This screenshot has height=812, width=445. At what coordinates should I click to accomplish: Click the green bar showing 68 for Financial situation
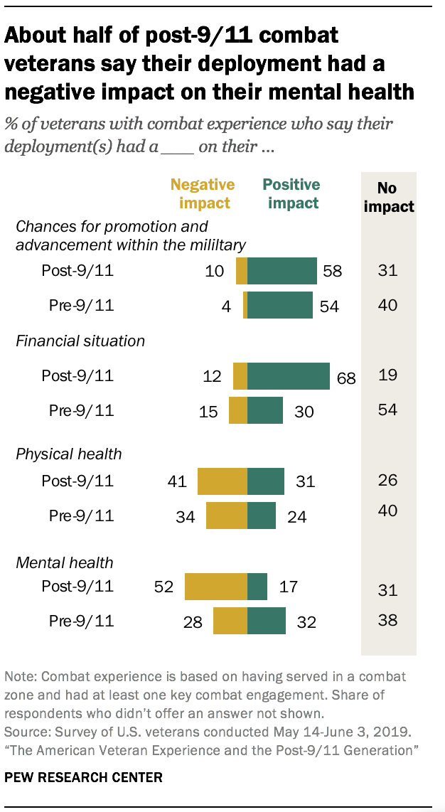[288, 376]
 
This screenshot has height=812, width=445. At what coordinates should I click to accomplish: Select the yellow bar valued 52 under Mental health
[215, 587]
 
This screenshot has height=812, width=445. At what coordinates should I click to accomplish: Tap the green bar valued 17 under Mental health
[257, 587]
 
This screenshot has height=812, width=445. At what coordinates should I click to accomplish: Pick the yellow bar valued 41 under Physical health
[222, 481]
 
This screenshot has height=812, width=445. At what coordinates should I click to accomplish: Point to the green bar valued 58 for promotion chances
[282, 271]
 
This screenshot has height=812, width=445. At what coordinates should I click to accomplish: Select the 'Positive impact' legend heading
[291, 193]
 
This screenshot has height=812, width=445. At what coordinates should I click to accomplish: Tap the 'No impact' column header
[387, 198]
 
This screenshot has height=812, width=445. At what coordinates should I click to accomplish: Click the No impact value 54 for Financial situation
[387, 410]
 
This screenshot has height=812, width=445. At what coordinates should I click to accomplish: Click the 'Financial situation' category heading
[80, 341]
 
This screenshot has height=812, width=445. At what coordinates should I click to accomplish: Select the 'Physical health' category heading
[69, 454]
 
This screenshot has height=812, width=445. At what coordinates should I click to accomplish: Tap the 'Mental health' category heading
[65, 562]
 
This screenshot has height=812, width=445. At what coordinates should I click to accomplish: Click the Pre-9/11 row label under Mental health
[81, 621]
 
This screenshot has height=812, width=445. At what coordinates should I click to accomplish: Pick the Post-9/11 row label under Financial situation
[79, 376]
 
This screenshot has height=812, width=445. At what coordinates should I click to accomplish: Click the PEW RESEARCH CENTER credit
[84, 777]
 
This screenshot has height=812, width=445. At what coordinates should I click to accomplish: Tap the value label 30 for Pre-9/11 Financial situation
[304, 411]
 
